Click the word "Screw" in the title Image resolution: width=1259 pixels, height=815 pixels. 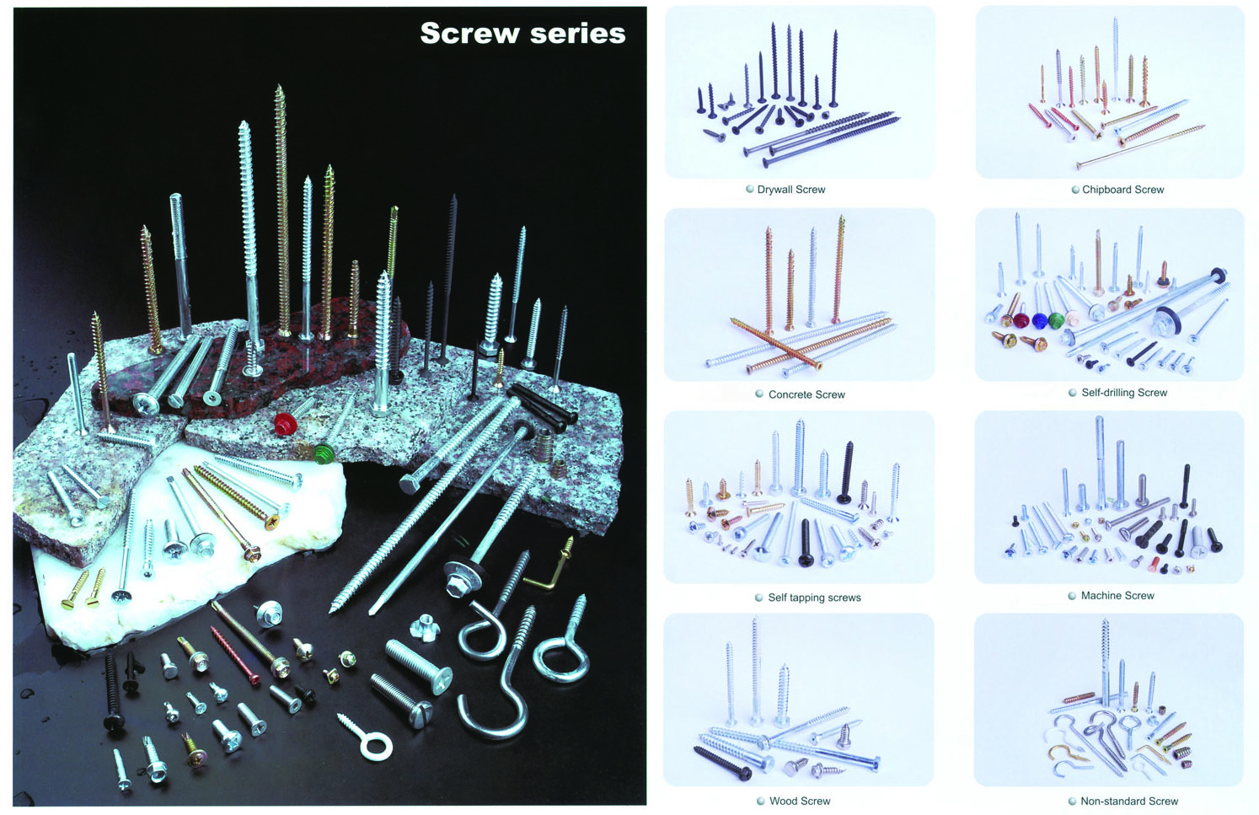(469, 34)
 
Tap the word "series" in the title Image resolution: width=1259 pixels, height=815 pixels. (578, 34)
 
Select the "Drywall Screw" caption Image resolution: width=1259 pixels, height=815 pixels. (790, 190)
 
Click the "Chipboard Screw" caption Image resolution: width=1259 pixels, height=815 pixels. (1122, 190)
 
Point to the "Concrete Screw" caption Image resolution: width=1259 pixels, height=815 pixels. (806, 394)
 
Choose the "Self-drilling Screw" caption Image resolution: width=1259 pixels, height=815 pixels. (1124, 393)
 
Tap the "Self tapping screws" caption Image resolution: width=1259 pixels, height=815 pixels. (814, 598)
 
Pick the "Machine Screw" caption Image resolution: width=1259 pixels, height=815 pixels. (1117, 596)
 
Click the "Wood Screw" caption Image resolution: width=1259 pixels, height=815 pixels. (799, 801)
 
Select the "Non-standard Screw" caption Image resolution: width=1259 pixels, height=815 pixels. (1129, 801)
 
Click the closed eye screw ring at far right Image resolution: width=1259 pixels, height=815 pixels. (559, 657)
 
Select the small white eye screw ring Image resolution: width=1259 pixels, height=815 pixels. (375, 745)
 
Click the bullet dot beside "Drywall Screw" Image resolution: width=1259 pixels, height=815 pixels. (749, 190)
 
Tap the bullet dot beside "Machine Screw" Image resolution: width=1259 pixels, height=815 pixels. (1073, 596)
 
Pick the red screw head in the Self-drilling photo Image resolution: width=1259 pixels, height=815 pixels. (1022, 321)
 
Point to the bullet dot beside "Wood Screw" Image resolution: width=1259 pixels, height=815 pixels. (760, 801)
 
